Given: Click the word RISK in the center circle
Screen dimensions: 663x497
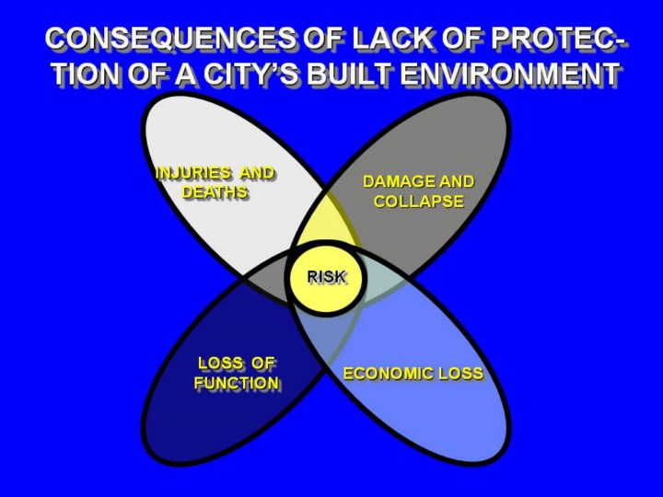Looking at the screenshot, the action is (x=326, y=277).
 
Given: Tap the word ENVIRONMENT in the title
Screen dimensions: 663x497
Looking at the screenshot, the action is (x=510, y=75).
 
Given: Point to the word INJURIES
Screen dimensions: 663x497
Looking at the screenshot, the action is (x=193, y=173).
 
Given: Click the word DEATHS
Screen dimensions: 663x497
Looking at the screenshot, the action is (x=215, y=192).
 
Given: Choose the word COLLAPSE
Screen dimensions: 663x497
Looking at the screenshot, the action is (x=419, y=202).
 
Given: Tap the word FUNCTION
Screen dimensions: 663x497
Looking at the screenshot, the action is (x=237, y=383).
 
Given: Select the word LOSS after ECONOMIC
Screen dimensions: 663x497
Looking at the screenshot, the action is (x=461, y=374).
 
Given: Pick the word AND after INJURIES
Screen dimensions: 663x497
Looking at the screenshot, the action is (x=258, y=173).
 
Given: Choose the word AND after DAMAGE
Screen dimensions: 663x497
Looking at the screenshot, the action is (x=457, y=181).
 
